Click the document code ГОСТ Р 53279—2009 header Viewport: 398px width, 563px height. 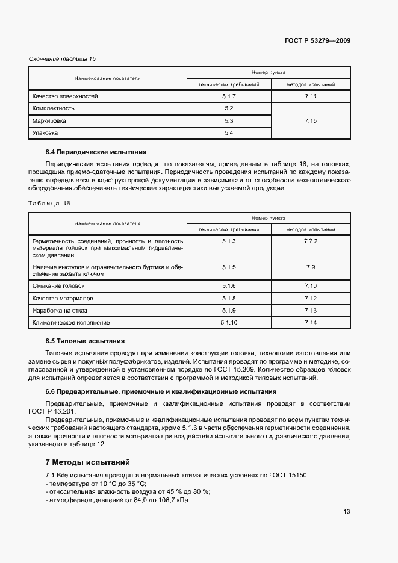tap(317, 40)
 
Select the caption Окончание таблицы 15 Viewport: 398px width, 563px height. tap(63, 59)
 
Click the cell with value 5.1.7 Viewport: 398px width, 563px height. tap(229, 96)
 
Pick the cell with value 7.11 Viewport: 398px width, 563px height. tap(311, 96)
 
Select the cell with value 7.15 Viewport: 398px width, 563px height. tap(311, 121)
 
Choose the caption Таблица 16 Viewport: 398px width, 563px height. tap(49, 204)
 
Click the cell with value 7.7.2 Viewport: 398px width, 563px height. tap(311, 241)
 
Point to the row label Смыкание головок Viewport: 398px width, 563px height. tap(58, 286)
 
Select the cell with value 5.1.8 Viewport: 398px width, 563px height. tap(229, 298)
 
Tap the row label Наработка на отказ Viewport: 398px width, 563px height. tap(61, 311)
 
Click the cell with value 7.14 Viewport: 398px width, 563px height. tap(311, 323)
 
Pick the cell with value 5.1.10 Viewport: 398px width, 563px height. tap(229, 323)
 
